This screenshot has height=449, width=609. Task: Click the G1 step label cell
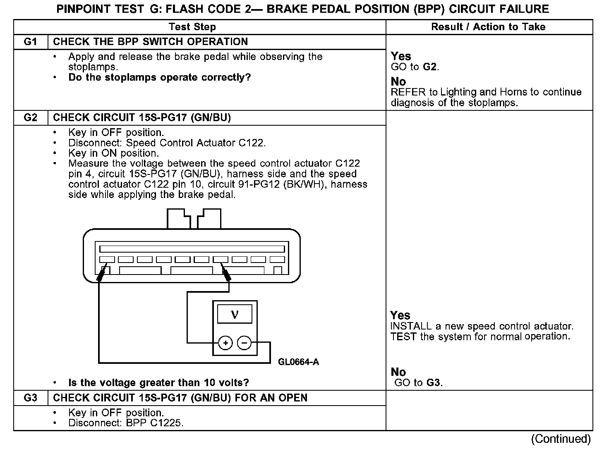(31, 42)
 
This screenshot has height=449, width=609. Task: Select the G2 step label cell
(31, 118)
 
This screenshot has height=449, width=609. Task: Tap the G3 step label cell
(31, 398)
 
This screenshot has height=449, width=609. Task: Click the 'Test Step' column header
(192, 27)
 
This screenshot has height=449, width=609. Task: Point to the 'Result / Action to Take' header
(488, 27)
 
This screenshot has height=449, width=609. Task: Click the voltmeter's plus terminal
(225, 343)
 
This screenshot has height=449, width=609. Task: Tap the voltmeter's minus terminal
(245, 343)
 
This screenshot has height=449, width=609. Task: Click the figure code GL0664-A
(298, 362)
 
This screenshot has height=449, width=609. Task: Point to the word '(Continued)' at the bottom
(561, 439)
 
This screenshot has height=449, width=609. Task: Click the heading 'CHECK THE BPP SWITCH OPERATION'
(151, 42)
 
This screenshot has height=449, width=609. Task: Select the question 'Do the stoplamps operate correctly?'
(160, 78)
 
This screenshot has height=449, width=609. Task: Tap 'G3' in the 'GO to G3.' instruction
(433, 383)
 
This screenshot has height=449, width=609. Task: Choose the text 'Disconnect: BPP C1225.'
(126, 423)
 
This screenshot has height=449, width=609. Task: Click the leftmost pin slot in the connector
(107, 260)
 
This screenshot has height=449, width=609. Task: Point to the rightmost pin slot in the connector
(277, 260)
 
